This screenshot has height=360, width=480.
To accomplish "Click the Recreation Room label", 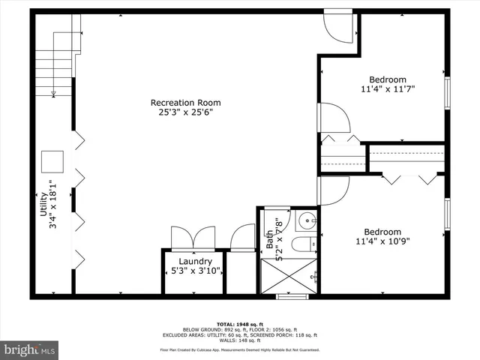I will pyautogui.click(x=185, y=103).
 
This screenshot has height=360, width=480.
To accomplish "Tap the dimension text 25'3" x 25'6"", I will pyautogui.click(x=185, y=112).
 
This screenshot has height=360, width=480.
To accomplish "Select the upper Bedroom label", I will pyautogui.click(x=387, y=80).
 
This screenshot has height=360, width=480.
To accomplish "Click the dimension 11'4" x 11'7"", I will pyautogui.click(x=387, y=89).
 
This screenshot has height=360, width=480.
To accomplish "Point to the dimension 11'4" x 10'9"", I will pyautogui.click(x=382, y=241).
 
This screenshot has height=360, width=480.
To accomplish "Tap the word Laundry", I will pyautogui.click(x=195, y=262).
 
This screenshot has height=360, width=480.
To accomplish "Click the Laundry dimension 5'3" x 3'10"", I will pyautogui.click(x=195, y=271).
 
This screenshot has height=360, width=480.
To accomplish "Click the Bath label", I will pyautogui.click(x=269, y=238).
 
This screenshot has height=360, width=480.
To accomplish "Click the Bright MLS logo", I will pyautogui.click(x=29, y=350).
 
